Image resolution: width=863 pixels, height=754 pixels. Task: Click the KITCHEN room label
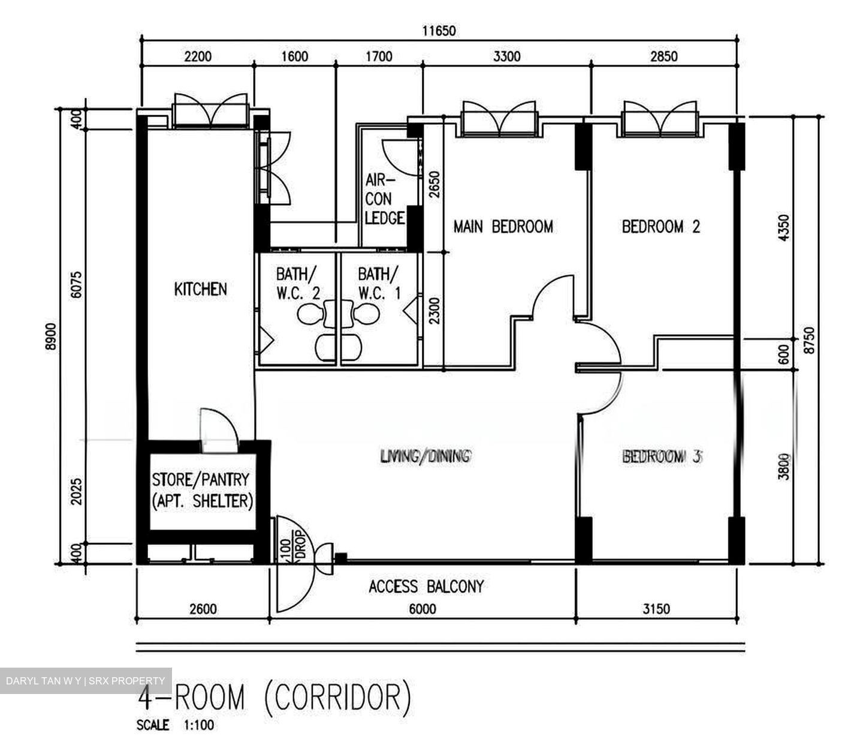[200, 289]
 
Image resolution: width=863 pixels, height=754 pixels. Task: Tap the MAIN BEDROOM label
[503, 227]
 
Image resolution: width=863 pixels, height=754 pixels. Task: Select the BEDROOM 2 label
[661, 227]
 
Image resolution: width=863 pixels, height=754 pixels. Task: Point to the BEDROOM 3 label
[662, 456]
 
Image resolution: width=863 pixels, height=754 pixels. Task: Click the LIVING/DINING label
[425, 456]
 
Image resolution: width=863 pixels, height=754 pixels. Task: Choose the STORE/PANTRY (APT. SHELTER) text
[203, 491]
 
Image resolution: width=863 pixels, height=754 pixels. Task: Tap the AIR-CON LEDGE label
[384, 199]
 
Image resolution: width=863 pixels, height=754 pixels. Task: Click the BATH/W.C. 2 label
[298, 283]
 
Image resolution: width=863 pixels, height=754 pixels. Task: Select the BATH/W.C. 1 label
[378, 283]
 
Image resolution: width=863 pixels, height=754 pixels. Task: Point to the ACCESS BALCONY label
[426, 587]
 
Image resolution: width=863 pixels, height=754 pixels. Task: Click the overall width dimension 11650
[439, 31]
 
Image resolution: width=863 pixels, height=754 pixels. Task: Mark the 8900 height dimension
[51, 336]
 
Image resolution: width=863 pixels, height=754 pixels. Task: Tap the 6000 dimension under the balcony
[423, 609]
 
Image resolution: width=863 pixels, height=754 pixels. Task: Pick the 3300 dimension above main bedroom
[506, 56]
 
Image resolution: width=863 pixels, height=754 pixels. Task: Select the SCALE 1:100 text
[175, 725]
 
